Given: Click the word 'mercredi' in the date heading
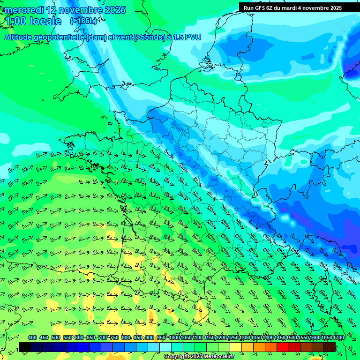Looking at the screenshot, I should point(24,10).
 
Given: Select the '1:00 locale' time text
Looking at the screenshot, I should point(33,21).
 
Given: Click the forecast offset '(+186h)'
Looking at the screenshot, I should point(83,21).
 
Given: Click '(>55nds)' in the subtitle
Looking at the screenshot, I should point(146,37).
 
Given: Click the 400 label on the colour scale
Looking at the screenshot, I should point(32,337).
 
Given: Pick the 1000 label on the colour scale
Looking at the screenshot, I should point(174,337).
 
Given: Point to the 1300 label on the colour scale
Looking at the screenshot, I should point(245,337).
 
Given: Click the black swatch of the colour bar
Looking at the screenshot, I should point(25,347).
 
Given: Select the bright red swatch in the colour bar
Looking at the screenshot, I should point(283,347).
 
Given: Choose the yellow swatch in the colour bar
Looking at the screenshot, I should point(236,347).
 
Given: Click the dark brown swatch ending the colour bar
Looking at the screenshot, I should point(330,347).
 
